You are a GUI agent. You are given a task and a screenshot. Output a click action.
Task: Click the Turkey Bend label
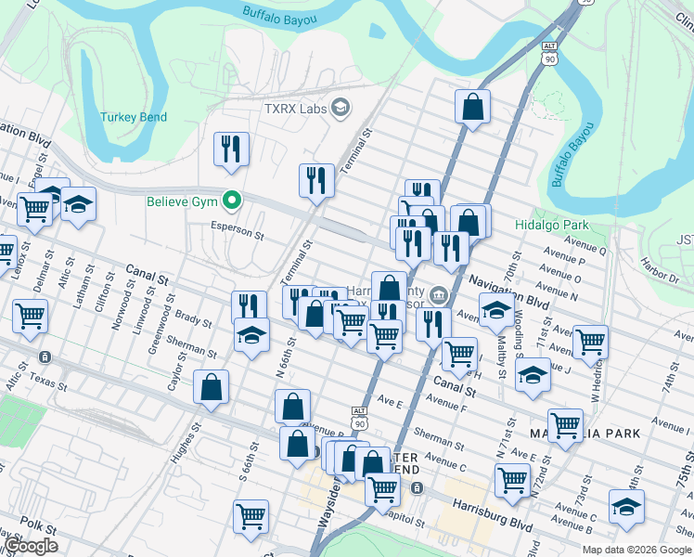pos(135,117)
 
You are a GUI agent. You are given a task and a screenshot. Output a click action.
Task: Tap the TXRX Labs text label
pos(295,109)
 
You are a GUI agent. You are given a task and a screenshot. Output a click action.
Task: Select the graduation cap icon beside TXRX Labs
pos(341,108)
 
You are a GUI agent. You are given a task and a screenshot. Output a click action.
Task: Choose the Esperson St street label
pos(238,227)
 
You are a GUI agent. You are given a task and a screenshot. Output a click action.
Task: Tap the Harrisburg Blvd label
pos(493,513)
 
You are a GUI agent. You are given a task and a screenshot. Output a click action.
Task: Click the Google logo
pos(31,546)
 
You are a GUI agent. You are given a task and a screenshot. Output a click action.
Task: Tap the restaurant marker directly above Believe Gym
pos(229,149)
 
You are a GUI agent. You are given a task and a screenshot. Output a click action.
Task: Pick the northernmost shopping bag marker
pos(472,106)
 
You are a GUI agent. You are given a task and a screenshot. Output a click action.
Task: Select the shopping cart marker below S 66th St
pos(251,517)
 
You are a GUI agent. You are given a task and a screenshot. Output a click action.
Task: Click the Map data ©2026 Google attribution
pos(636,548)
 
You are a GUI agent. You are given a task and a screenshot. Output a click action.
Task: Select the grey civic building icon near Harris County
pos(439,296)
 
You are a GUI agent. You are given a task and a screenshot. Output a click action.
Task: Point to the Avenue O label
pos(564,277)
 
